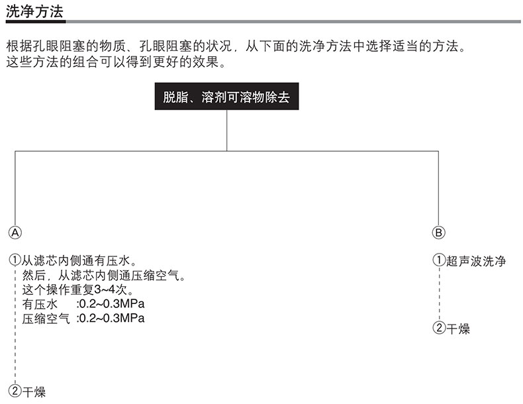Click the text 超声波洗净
point(476,261)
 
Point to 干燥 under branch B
point(458,328)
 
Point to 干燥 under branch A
point(34,391)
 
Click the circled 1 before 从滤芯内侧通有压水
point(15,260)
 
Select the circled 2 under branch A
point(15,391)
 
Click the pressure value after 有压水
point(111,304)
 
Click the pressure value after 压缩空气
point(111,319)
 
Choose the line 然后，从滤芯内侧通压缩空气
point(103,275)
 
